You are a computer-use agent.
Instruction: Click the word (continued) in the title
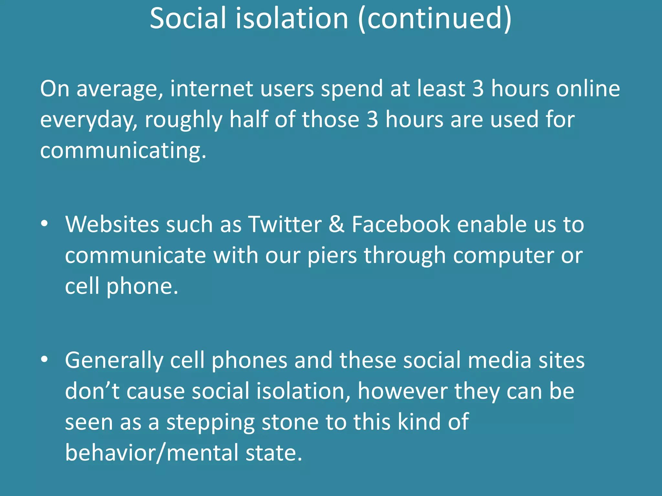point(435,19)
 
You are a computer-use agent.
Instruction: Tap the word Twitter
point(285,224)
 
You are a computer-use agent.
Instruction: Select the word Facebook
point(401,224)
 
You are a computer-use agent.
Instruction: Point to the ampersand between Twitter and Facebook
point(336,224)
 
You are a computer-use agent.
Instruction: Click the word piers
point(332,255)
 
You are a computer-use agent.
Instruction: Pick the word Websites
point(112,224)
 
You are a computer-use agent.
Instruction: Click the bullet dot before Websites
point(45,223)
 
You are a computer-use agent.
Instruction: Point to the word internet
point(212,88)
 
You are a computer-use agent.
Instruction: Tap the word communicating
point(123,151)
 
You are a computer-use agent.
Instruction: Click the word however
point(402,391)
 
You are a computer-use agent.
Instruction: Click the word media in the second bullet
point(499,360)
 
